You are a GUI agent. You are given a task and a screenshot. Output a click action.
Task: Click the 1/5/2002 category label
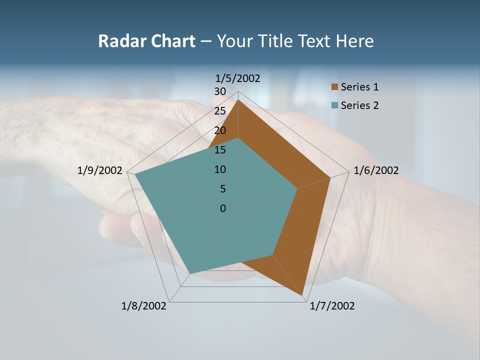(x=238, y=78)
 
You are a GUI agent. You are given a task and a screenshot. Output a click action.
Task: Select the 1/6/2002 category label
(x=376, y=170)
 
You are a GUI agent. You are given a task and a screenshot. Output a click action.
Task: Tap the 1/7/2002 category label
(x=332, y=306)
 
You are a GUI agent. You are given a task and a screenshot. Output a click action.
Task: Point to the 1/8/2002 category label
(x=144, y=306)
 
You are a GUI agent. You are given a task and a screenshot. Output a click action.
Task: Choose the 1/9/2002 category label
(x=100, y=170)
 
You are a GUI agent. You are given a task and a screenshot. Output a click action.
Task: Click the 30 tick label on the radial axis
(x=220, y=91)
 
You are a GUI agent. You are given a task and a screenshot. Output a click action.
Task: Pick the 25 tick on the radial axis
(x=220, y=111)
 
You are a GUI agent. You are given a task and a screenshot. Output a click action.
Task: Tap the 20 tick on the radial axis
(x=220, y=130)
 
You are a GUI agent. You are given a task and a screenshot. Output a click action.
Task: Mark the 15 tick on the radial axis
(x=220, y=150)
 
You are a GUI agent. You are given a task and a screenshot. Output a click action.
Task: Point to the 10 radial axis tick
(x=220, y=169)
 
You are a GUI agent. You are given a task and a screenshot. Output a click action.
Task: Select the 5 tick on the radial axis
(x=222, y=189)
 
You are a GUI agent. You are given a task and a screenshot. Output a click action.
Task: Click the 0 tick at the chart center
(x=223, y=208)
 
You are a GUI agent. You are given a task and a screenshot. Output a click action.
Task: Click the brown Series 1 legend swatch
(x=335, y=87)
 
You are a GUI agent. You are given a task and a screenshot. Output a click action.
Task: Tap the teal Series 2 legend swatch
(x=335, y=105)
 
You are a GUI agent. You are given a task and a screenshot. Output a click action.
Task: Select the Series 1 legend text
(x=359, y=87)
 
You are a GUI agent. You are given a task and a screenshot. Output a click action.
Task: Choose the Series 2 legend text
(x=359, y=105)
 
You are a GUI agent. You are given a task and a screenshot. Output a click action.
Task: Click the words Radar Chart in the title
(x=146, y=41)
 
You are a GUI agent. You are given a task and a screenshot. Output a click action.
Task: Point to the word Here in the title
(x=354, y=41)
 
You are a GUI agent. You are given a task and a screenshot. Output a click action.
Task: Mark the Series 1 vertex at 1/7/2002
(x=303, y=295)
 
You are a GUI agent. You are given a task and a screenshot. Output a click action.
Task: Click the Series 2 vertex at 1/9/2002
(x=135, y=174)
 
